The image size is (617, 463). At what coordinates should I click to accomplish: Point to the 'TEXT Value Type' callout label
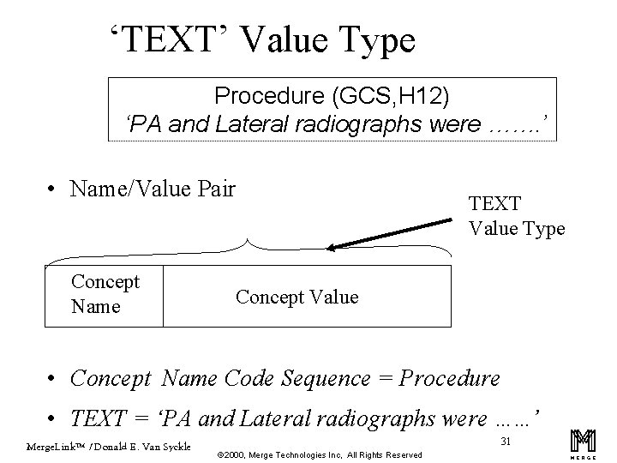coord(516,217)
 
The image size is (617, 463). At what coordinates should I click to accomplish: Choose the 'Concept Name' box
coord(104,294)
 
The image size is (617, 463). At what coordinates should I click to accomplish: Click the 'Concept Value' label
coord(297,297)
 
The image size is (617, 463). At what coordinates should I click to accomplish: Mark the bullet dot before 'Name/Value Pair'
coord(53,189)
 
